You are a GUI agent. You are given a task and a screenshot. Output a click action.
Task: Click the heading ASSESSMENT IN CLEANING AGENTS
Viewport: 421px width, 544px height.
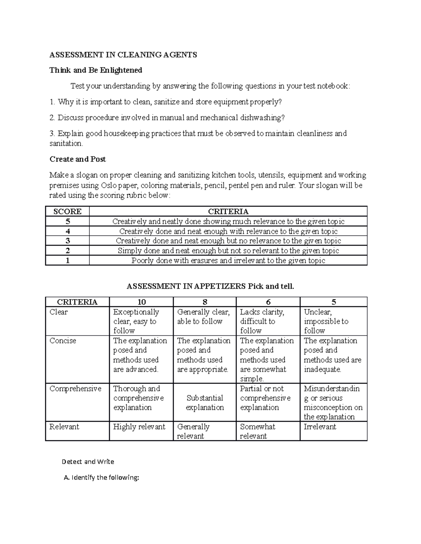123,55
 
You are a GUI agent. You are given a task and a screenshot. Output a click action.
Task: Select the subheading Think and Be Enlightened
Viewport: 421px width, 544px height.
96,70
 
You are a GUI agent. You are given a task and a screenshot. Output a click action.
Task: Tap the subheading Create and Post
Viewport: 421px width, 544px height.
78,159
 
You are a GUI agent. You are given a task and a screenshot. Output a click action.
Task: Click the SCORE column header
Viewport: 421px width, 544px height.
67,212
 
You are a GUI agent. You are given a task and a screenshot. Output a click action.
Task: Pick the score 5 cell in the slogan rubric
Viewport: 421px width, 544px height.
67,221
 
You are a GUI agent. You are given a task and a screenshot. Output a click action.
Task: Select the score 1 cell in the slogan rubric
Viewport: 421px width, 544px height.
67,260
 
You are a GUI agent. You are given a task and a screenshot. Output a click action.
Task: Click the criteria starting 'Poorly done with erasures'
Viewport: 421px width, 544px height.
228,260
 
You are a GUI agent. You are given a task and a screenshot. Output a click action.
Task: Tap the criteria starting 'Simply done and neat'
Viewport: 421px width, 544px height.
228,250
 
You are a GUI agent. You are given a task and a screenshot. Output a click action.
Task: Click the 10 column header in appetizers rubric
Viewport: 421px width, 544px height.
141,302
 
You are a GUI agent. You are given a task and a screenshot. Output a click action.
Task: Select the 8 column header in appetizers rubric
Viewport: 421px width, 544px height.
205,302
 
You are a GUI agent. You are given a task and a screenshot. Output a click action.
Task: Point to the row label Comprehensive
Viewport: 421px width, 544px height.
75,388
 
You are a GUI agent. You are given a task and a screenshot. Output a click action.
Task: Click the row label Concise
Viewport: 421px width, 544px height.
63,340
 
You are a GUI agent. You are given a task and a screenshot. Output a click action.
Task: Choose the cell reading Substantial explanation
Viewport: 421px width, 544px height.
205,402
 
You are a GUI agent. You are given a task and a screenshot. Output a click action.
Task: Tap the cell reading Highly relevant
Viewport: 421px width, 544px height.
139,427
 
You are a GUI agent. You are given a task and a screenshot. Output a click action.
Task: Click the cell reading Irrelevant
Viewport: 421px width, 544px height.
320,427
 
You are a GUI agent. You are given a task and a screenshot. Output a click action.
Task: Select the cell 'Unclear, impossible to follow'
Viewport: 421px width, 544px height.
326,321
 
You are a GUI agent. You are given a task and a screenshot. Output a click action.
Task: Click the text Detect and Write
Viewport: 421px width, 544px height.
88,462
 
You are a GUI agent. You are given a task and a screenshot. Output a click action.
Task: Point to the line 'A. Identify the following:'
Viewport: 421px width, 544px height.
101,477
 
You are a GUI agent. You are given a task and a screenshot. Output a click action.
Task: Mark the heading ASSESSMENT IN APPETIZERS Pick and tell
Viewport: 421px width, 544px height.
210,286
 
